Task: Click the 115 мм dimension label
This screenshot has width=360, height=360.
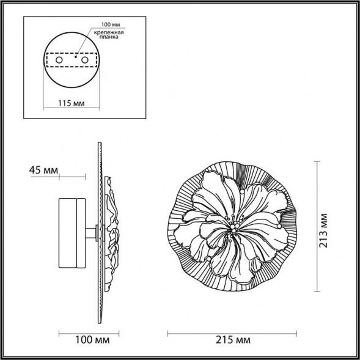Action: click(72, 103)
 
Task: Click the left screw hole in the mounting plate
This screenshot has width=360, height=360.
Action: click(59, 61)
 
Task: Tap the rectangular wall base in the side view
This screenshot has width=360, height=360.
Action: click(72, 233)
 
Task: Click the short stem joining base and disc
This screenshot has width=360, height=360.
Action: click(91, 233)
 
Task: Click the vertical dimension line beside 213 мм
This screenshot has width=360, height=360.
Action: click(317, 226)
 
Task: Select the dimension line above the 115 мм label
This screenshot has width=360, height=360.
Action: click(72, 95)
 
